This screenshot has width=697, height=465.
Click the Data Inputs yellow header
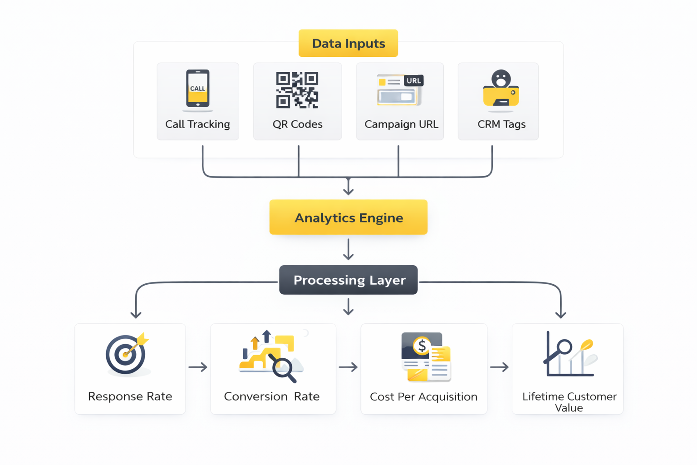(x=348, y=43)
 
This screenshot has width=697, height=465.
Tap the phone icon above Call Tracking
(x=197, y=89)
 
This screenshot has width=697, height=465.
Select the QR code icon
(x=297, y=90)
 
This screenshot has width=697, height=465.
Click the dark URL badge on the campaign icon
(x=413, y=81)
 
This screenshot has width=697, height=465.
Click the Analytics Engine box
(x=348, y=218)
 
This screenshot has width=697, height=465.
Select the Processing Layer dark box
(x=348, y=280)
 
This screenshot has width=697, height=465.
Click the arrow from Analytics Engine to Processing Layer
(x=348, y=249)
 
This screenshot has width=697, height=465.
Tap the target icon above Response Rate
(x=126, y=354)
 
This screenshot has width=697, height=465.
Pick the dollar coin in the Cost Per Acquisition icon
(x=422, y=346)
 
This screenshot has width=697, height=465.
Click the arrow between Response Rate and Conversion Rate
(x=198, y=367)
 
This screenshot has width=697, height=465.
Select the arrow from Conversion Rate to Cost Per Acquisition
(x=348, y=367)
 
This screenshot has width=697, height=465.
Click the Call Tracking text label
(x=197, y=124)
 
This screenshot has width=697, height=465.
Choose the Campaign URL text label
(x=401, y=124)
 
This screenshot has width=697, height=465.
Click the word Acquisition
(x=448, y=397)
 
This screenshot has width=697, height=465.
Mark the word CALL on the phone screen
(x=197, y=89)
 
